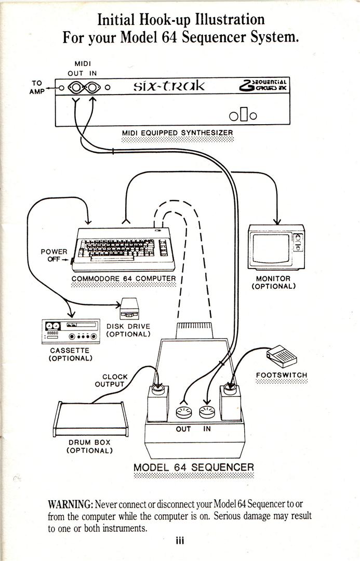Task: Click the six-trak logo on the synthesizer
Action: [169, 86]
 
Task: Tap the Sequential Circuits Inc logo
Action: [262, 85]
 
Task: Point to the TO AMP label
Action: [37, 87]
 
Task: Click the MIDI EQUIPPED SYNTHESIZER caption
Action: [178, 133]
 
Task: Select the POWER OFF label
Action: [54, 256]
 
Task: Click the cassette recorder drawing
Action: [70, 332]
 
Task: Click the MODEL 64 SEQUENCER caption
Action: [194, 467]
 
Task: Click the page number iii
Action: [180, 541]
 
